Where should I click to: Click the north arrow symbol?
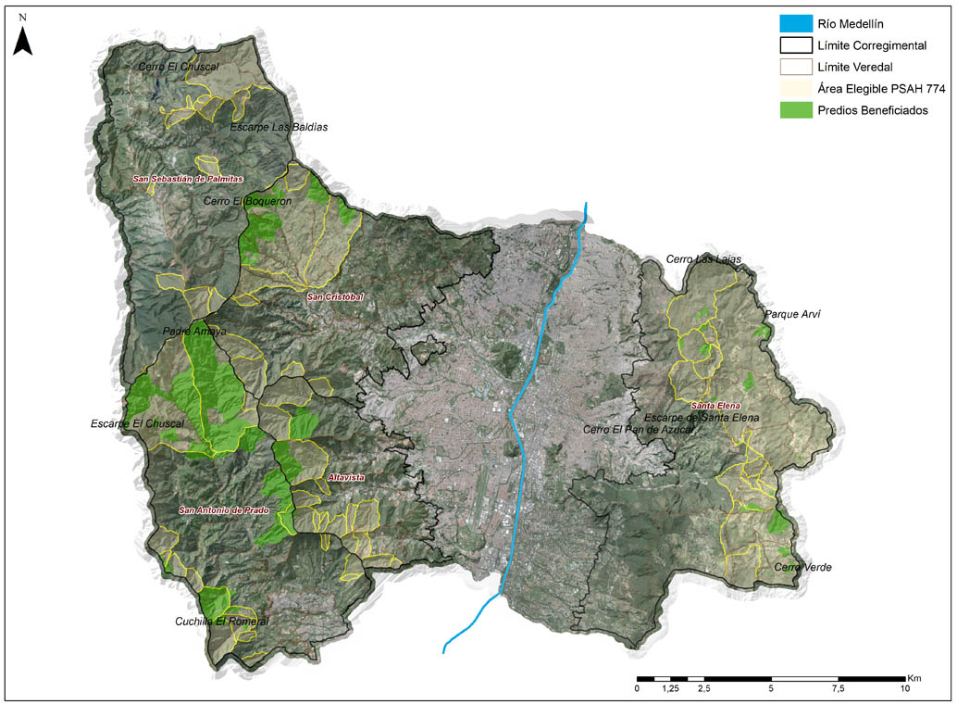22,38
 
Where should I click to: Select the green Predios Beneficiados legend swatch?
795,110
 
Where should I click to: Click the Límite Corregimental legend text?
873,45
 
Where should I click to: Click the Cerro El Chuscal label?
178,67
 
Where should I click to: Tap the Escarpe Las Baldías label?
279,127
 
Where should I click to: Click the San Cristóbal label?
334,296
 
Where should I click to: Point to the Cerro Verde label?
797,567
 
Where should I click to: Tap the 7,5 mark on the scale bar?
839,689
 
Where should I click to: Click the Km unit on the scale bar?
914,677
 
